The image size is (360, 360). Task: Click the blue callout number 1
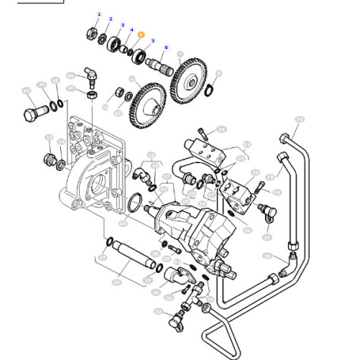99,14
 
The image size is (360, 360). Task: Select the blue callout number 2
111,19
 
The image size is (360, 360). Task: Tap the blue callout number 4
131,30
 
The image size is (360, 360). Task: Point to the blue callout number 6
166,47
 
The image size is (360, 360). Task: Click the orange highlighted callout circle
141,35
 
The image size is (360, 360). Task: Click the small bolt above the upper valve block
203,134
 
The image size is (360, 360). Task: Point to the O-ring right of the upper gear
208,90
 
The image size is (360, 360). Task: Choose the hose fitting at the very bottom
172,320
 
